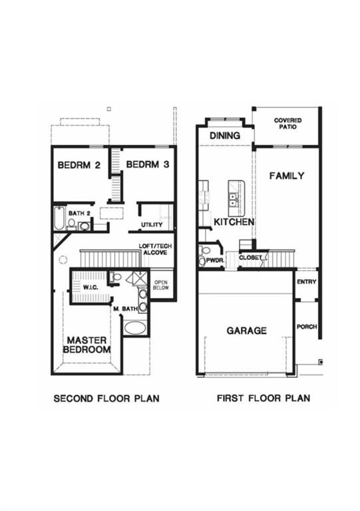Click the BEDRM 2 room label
pyautogui.click(x=79, y=165)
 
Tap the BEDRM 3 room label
pyautogui.click(x=147, y=165)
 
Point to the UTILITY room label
pyautogui.click(x=152, y=225)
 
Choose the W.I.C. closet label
pyautogui.click(x=91, y=287)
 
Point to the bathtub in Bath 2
pyautogui.click(x=59, y=219)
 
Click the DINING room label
pyautogui.click(x=224, y=136)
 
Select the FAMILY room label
pyautogui.click(x=286, y=176)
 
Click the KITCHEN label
pyautogui.click(x=233, y=222)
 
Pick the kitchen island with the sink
pyautogui.click(x=234, y=198)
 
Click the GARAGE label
pyautogui.click(x=246, y=330)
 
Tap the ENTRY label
pyautogui.click(x=307, y=281)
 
